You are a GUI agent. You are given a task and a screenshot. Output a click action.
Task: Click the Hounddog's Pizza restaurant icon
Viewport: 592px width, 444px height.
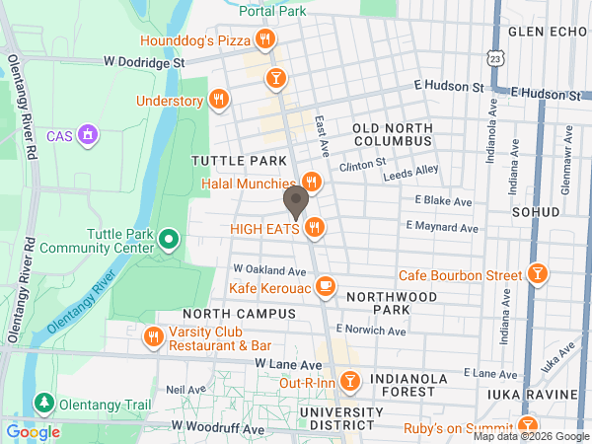coord(264,40)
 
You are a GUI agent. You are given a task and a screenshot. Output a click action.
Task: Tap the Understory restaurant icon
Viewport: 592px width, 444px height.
coord(219,100)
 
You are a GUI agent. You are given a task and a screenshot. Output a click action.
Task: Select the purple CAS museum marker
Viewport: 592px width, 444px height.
coord(88,133)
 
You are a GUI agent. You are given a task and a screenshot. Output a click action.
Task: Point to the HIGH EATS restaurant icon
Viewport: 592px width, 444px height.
coord(315,228)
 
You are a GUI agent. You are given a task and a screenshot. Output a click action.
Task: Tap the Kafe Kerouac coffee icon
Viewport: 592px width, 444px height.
coord(327,288)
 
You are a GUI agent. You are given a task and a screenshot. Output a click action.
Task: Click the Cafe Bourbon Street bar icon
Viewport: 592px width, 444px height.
coord(538,273)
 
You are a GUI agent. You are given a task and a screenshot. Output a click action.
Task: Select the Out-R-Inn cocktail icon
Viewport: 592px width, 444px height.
coord(349,381)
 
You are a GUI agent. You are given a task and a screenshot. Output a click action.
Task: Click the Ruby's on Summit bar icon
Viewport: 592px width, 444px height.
coord(531,428)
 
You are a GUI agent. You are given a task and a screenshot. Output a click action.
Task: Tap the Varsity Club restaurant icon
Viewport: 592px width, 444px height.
coord(153,337)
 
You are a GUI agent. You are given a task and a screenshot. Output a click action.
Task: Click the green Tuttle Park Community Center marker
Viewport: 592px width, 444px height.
coord(169,238)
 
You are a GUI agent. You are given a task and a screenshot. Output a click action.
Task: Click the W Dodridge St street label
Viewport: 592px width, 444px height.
coord(146,61)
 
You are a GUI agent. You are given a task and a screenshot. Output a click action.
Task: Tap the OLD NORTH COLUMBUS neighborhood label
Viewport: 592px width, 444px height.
coord(393,135)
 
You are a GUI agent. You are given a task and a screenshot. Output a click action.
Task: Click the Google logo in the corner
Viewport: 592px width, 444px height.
coord(33,431)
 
